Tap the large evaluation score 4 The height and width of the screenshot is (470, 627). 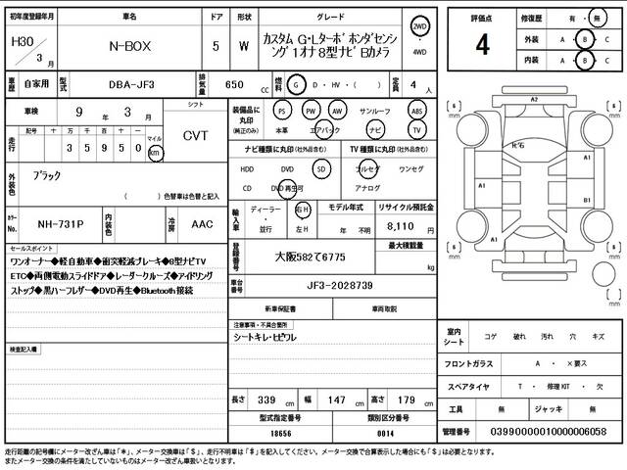(482, 45)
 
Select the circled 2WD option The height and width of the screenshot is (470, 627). (420, 26)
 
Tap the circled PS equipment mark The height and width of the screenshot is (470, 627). (283, 111)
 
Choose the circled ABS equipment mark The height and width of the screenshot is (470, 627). (416, 111)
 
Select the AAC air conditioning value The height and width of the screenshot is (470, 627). (201, 223)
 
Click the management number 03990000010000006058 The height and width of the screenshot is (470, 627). (552, 431)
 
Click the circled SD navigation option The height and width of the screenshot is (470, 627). (321, 167)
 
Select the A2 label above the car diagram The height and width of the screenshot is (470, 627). (534, 100)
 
